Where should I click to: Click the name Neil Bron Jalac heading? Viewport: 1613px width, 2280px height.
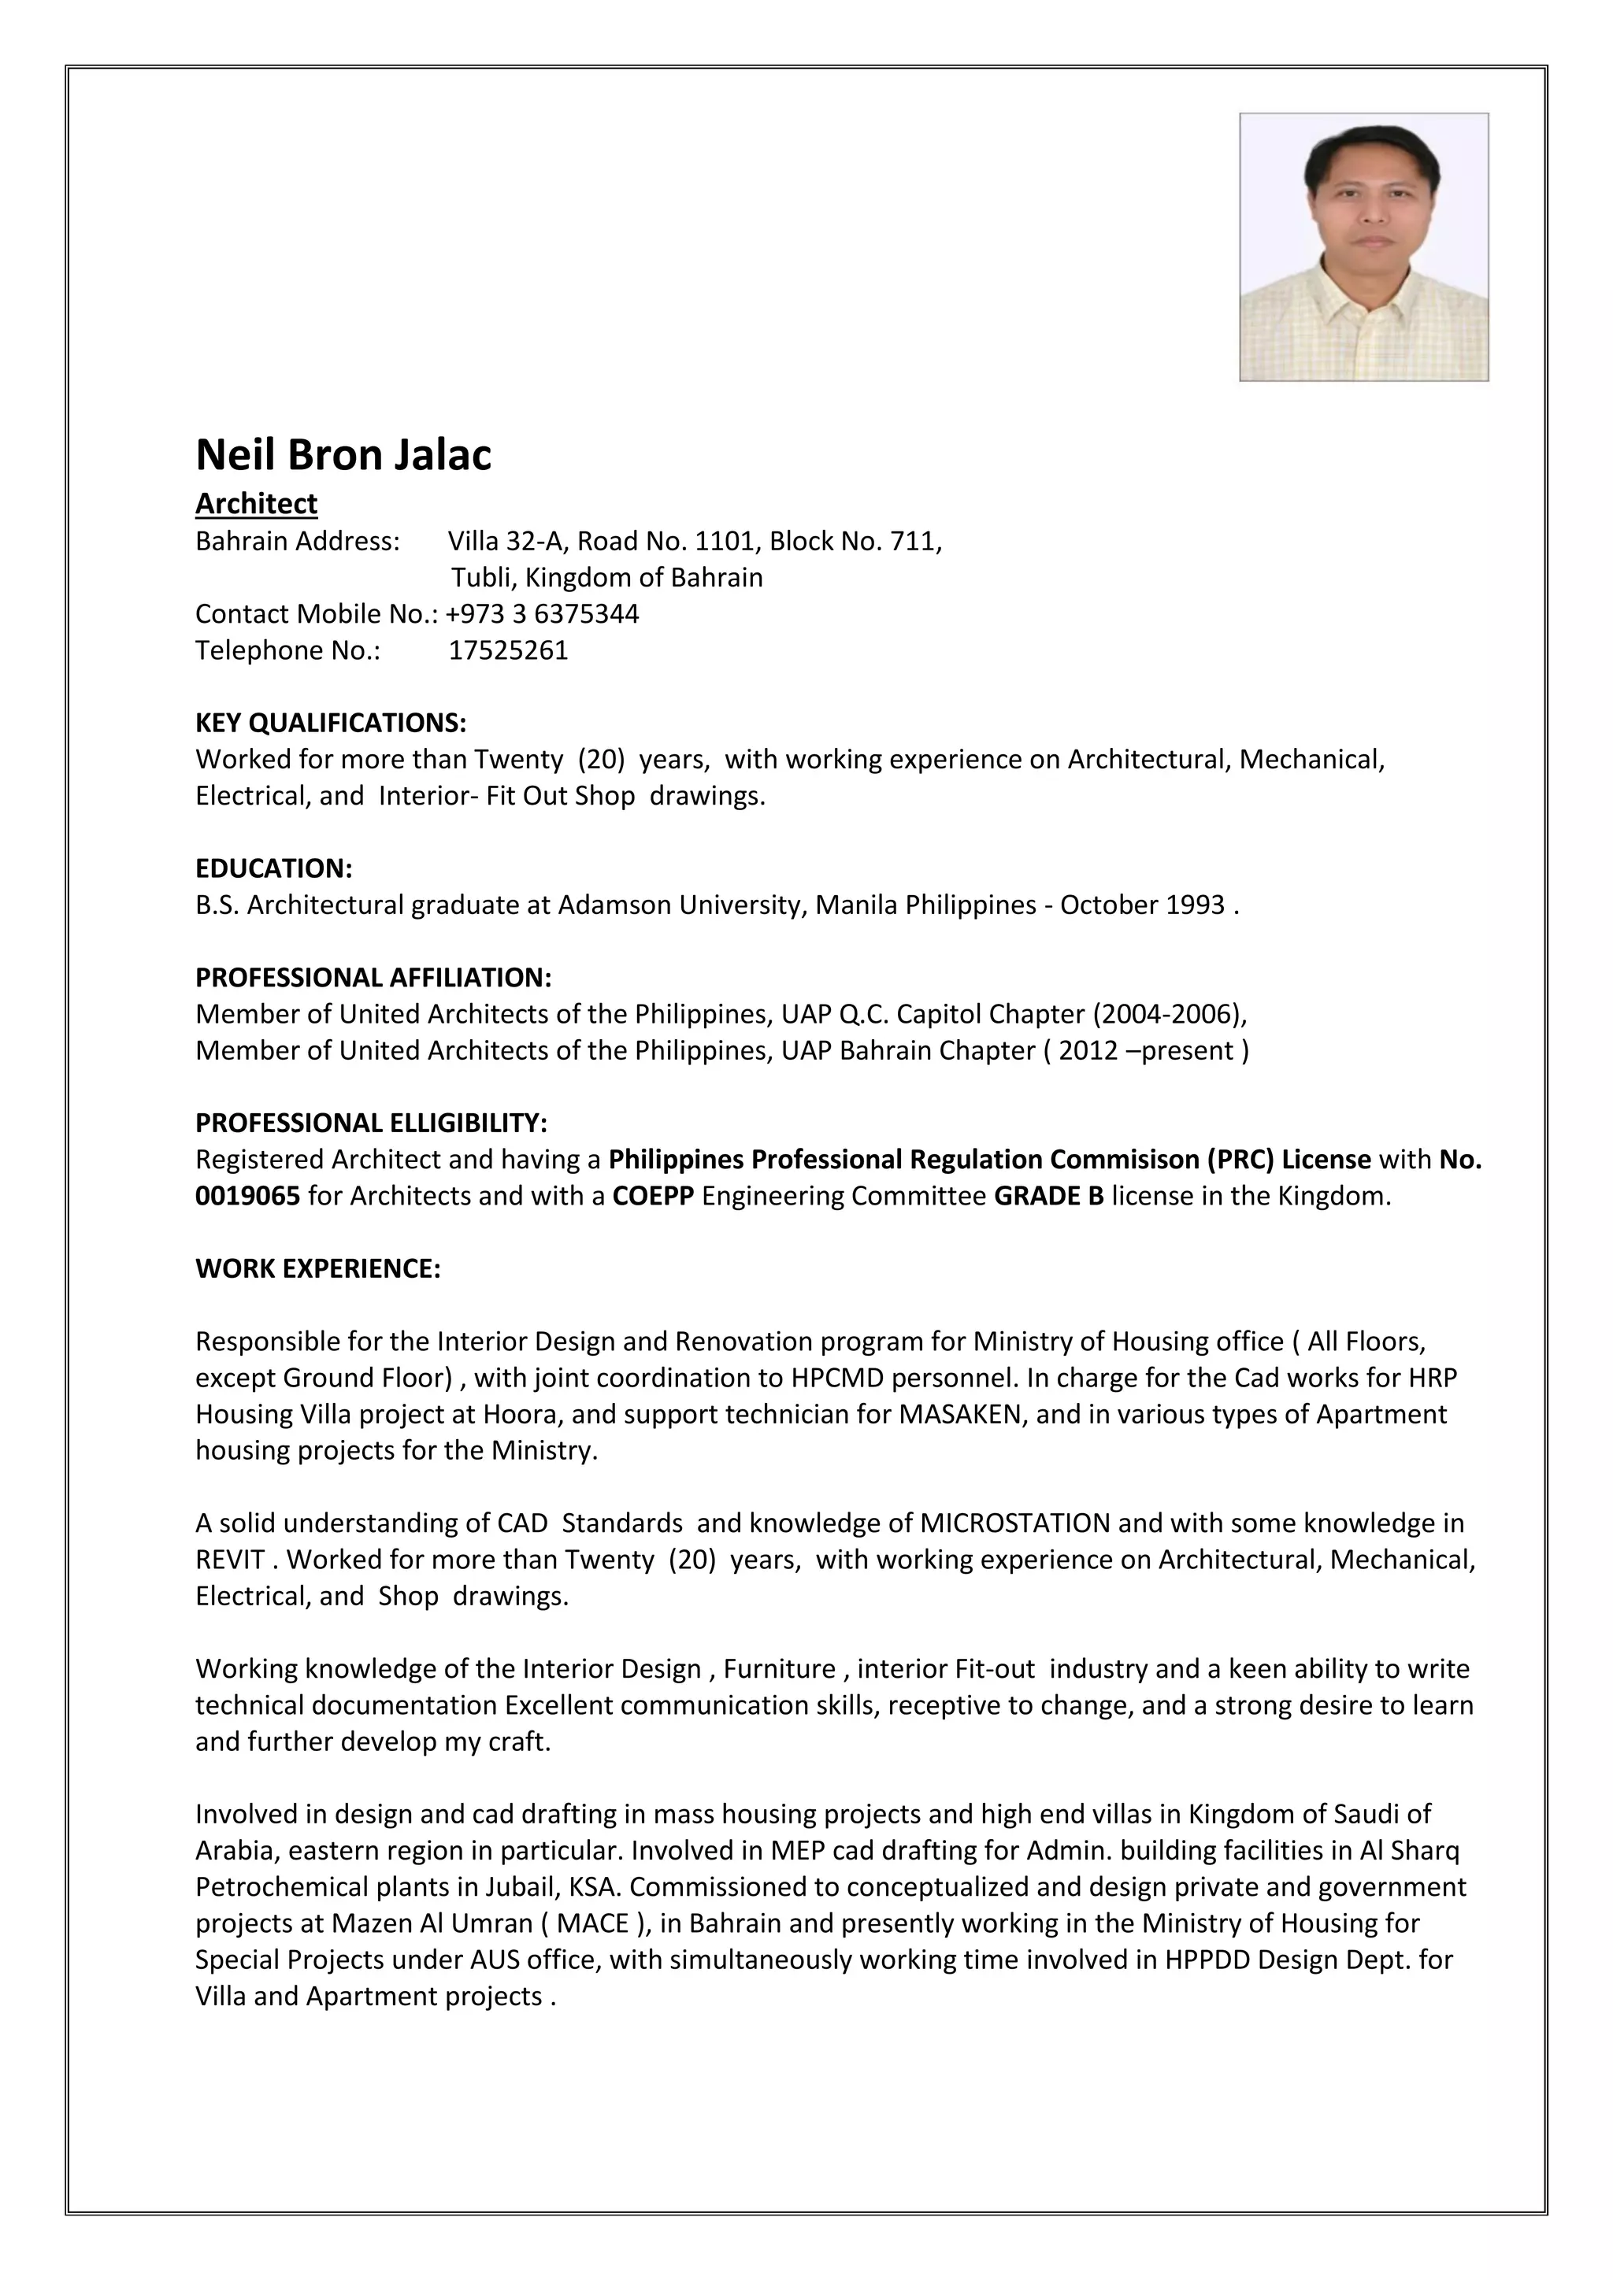(x=343, y=455)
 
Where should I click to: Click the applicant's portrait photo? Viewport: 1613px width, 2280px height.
(x=1363, y=246)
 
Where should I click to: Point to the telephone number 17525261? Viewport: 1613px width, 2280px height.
(x=509, y=650)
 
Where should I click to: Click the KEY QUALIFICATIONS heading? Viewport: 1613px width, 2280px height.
(x=331, y=722)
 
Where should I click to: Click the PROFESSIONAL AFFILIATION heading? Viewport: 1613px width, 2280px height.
(x=373, y=977)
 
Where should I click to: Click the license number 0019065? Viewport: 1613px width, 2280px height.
(x=247, y=1196)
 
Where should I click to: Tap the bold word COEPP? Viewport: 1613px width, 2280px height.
(x=654, y=1196)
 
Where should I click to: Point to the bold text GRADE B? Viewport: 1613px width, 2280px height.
(x=1049, y=1196)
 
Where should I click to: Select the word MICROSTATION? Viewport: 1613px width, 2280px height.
(x=1015, y=1523)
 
